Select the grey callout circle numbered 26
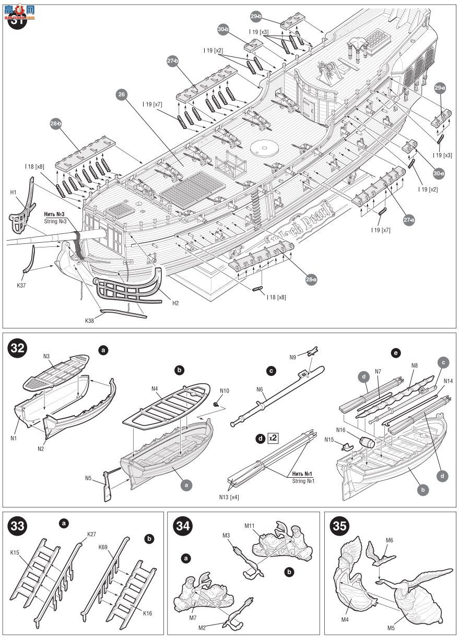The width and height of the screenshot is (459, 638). tap(122, 95)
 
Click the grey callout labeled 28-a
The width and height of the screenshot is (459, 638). tap(311, 280)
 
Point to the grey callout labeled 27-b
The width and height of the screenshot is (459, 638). tap(173, 62)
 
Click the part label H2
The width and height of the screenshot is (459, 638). tap(175, 303)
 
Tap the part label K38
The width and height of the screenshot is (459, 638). tap(90, 320)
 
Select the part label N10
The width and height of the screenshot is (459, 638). tap(225, 391)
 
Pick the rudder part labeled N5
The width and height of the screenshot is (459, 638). tap(108, 485)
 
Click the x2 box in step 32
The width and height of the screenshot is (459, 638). tap(272, 439)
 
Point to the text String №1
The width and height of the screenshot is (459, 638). tap(303, 480)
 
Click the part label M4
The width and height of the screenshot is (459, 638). tap(345, 620)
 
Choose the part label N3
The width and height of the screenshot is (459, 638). tap(46, 356)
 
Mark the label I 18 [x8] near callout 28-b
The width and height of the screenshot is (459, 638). tap(34, 167)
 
